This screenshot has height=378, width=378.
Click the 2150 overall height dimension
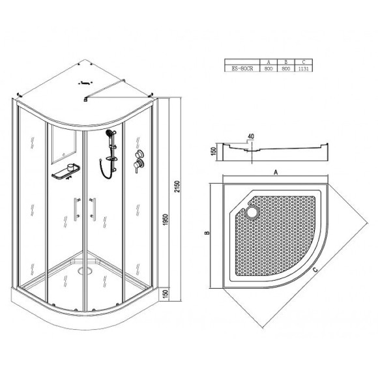(177, 186)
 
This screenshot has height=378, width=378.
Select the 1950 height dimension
(166, 220)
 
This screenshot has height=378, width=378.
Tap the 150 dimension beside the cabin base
(166, 294)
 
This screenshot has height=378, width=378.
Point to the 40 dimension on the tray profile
(251, 136)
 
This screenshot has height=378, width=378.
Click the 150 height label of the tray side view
(213, 151)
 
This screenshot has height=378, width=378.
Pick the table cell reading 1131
(304, 68)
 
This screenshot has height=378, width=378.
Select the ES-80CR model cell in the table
(242, 68)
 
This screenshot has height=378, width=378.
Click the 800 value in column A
(269, 68)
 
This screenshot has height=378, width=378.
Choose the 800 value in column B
(285, 68)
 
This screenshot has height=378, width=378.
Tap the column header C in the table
(304, 62)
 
